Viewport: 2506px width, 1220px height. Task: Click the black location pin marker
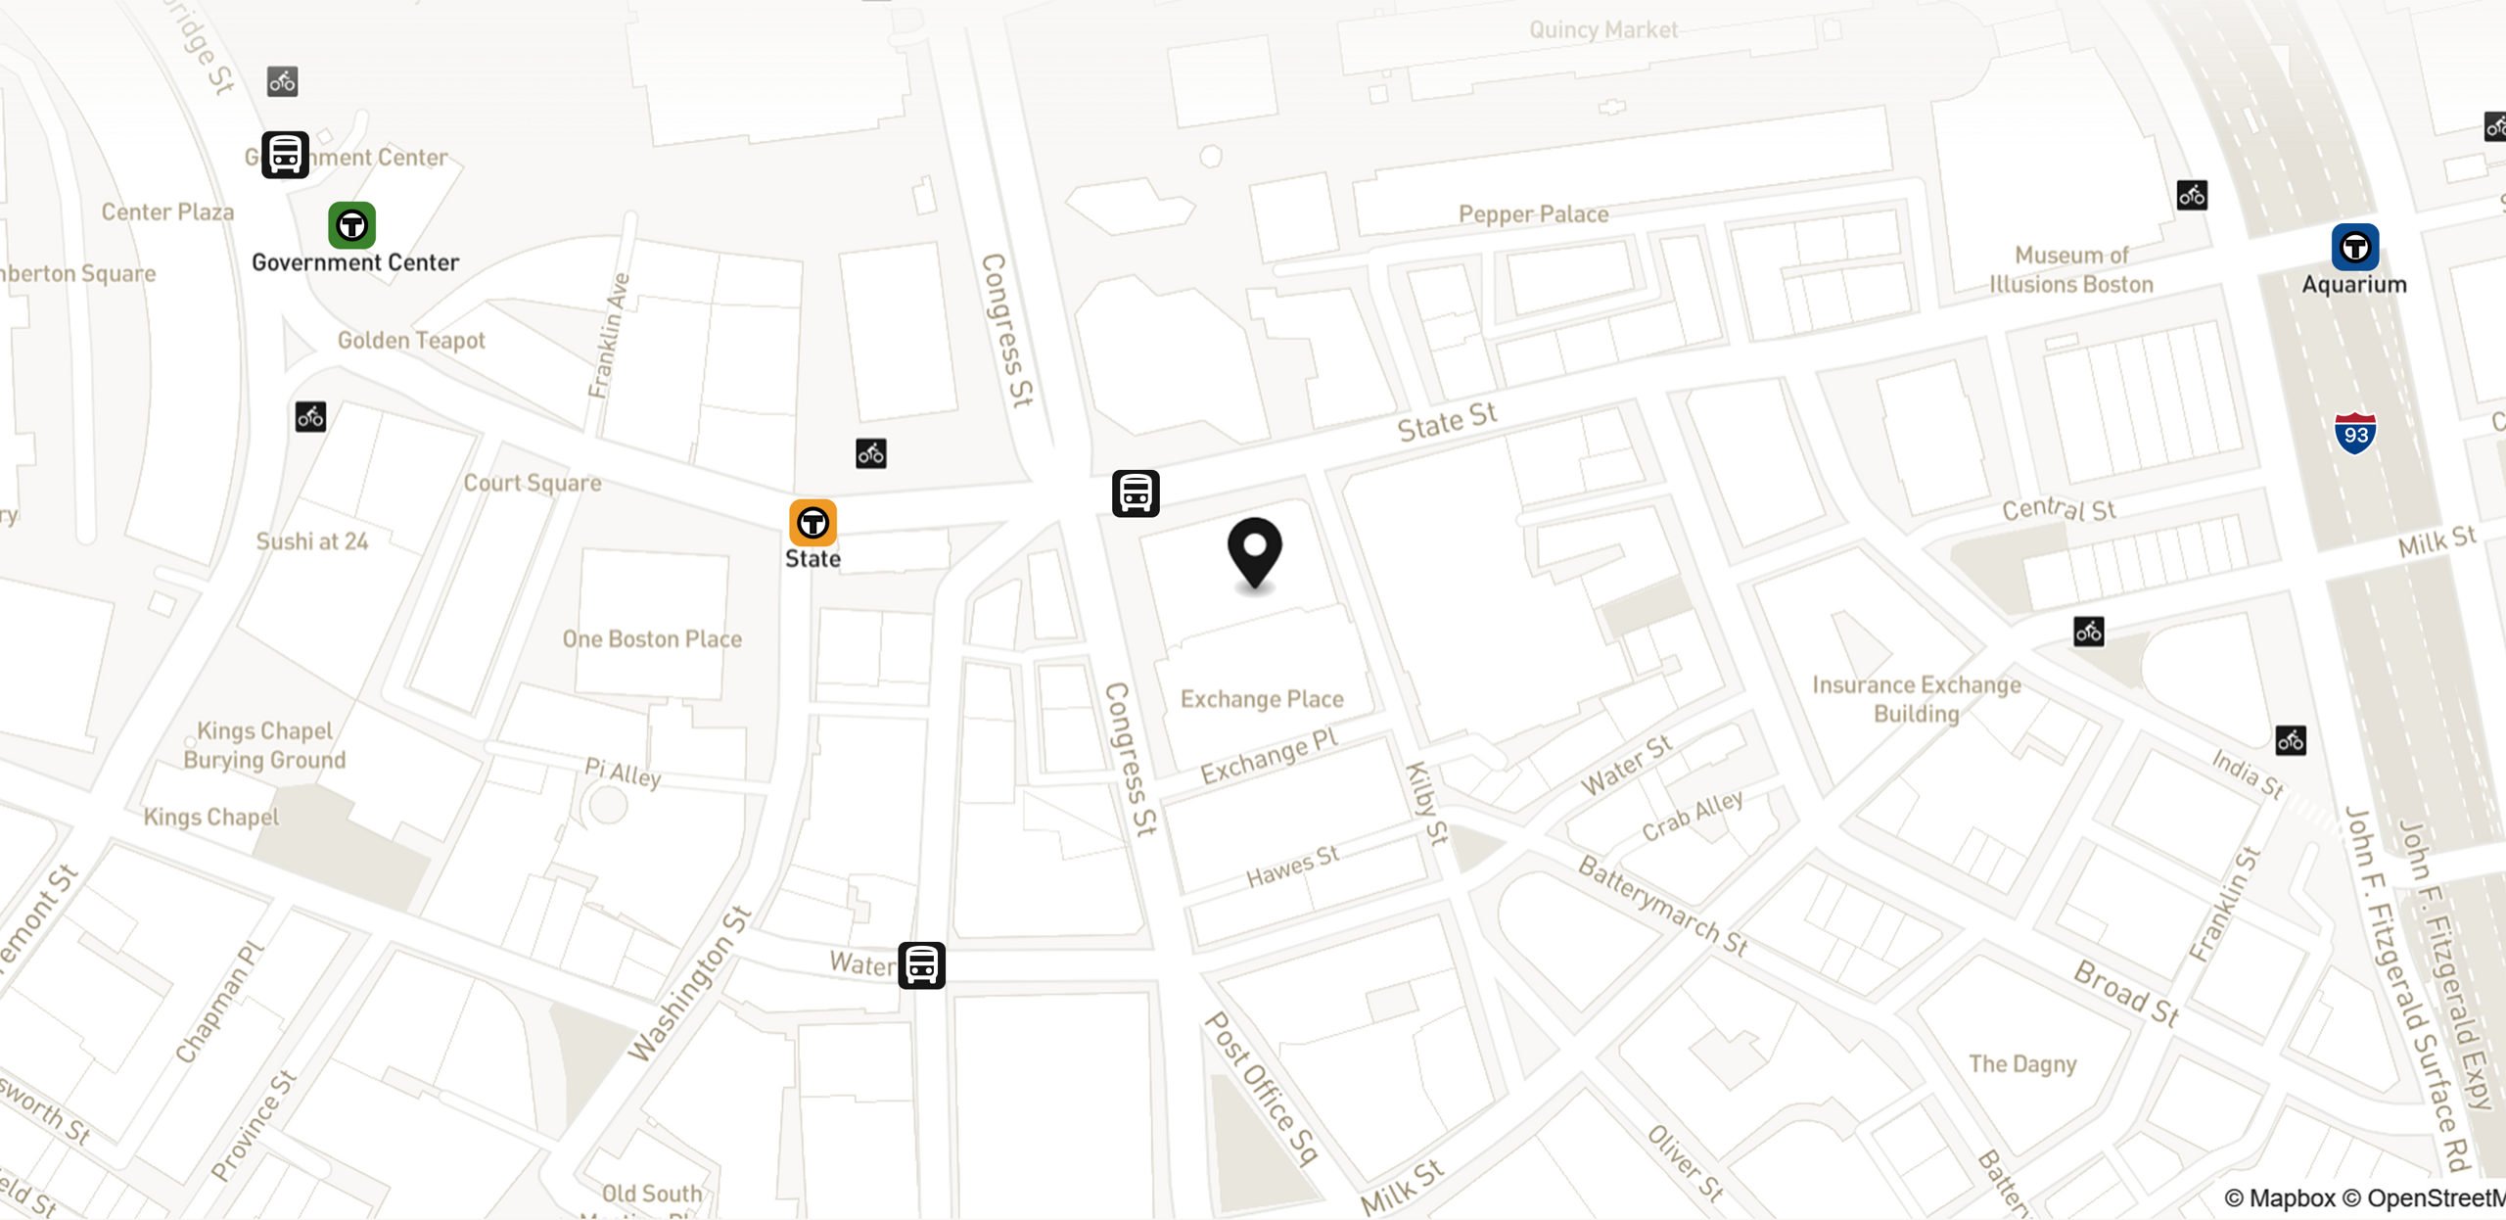pos(1254,551)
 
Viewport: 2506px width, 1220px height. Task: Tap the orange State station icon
pos(812,523)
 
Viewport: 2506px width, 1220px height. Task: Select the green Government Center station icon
pos(351,225)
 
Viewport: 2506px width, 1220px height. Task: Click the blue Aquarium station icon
pos(2354,247)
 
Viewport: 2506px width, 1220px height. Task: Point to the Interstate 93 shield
pos(2354,433)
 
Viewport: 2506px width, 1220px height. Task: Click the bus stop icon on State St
pos(1136,493)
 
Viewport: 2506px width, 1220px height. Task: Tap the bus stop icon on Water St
pos(921,965)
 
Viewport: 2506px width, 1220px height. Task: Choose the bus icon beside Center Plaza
pos(285,155)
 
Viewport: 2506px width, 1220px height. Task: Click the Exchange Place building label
pos(1262,699)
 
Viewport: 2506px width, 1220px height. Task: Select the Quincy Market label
pos(1603,30)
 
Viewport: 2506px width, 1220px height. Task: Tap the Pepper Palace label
pos(1533,214)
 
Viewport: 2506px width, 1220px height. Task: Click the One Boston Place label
pos(652,639)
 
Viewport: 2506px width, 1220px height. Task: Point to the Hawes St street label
pos(1292,867)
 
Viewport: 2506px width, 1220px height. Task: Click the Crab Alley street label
pos(1692,816)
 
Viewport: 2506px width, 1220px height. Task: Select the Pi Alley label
pos(623,773)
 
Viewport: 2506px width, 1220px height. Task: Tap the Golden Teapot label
pos(411,341)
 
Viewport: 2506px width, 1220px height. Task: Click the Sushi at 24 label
pos(312,541)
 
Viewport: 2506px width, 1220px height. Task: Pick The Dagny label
pos(2022,1063)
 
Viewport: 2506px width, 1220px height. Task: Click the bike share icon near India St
pos(2290,740)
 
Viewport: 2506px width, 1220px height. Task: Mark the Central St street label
pos(2059,509)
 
